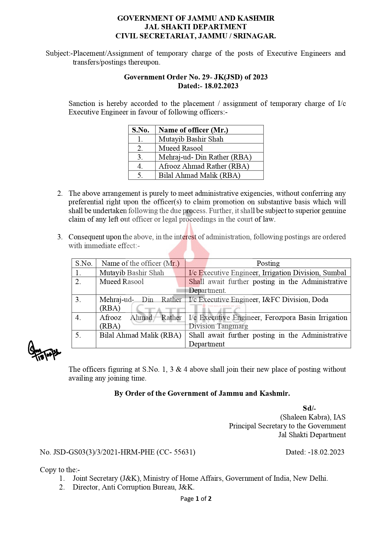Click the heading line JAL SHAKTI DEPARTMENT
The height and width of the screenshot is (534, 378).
[x=195, y=27]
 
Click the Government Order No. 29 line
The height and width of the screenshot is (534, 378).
[x=196, y=77]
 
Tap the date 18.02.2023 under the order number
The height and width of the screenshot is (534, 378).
[x=208, y=86]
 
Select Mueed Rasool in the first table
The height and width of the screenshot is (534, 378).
[x=181, y=148]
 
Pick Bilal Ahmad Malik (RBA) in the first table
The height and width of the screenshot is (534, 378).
[x=199, y=175]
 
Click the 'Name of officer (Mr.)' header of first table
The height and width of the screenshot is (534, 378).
[x=193, y=130]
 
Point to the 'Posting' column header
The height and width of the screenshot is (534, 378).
[x=268, y=263]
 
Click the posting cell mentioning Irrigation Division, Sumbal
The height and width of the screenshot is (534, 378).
[x=267, y=273]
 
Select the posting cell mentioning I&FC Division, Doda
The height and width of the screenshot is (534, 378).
[x=258, y=300]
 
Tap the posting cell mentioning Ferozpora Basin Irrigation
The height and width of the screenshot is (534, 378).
[x=268, y=321]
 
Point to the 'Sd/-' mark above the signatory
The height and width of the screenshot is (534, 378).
[x=309, y=408]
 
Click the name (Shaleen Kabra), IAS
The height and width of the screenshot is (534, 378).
[x=313, y=417]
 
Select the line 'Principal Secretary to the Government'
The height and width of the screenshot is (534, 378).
[x=287, y=426]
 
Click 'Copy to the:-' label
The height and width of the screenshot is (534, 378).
[x=60, y=470]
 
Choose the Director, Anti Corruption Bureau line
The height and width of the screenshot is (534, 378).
[x=133, y=487]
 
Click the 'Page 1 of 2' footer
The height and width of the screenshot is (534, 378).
[x=196, y=499]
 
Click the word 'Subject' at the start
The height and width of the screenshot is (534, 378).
[x=58, y=54]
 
